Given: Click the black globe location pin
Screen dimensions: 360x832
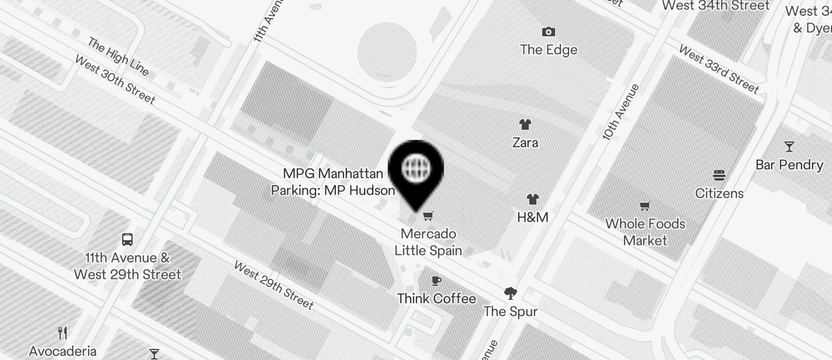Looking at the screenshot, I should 415,170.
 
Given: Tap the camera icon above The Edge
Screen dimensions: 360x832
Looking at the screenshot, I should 548,32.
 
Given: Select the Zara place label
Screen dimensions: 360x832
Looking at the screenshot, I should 525,142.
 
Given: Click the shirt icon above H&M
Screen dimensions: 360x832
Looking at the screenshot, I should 532,199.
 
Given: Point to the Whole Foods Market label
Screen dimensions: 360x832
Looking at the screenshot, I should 645,232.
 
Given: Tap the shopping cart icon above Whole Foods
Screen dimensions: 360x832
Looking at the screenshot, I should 645,206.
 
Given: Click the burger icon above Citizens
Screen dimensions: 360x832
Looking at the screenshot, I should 719,175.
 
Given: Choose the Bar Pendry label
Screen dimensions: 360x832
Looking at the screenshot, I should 789,165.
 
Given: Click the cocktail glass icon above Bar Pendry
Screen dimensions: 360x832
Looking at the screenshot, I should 789,146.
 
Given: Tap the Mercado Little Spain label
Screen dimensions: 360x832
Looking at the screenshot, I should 428,242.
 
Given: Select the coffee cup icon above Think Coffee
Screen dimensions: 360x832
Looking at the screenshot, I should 436,281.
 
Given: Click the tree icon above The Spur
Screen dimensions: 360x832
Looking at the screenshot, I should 510,293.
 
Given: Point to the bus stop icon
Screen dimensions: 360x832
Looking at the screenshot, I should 127,239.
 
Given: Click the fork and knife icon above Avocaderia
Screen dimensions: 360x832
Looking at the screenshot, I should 63,333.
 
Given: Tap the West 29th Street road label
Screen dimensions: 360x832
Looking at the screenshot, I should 273,285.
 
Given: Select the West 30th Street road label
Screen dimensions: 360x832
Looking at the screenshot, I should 115,79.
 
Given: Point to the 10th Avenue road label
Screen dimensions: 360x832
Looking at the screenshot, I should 620,112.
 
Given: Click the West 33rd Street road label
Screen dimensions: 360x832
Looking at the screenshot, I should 719,69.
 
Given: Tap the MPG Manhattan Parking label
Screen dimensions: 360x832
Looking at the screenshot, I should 333,182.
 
